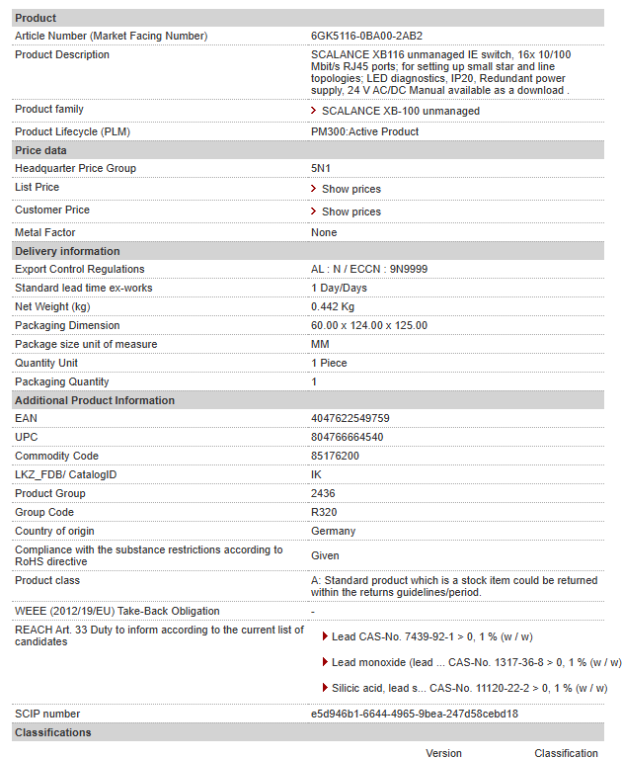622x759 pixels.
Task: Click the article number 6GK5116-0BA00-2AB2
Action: pos(366,36)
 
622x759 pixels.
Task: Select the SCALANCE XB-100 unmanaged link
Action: pos(400,111)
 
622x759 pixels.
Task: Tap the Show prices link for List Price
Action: pos(350,189)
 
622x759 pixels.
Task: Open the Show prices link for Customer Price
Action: pos(350,211)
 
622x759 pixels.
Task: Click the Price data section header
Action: pos(41,150)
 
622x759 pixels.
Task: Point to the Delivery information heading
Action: pos(67,251)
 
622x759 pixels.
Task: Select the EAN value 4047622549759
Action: pos(350,418)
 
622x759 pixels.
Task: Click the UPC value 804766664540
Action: pos(348,437)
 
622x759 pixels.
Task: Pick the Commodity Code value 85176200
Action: pos(335,456)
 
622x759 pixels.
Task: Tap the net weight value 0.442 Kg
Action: pos(333,306)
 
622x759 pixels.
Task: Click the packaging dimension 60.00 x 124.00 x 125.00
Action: pos(368,325)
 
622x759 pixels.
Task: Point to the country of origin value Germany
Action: pos(333,531)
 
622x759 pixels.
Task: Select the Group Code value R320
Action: pos(323,512)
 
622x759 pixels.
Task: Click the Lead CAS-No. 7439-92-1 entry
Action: pos(431,637)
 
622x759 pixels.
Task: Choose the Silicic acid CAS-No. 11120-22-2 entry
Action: pos(469,688)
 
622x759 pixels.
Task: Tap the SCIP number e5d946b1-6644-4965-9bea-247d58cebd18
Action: pos(415,714)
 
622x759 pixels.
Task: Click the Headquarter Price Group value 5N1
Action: pos(320,168)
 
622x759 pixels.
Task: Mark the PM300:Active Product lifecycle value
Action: pos(364,131)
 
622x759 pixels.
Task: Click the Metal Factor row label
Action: pos(45,232)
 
